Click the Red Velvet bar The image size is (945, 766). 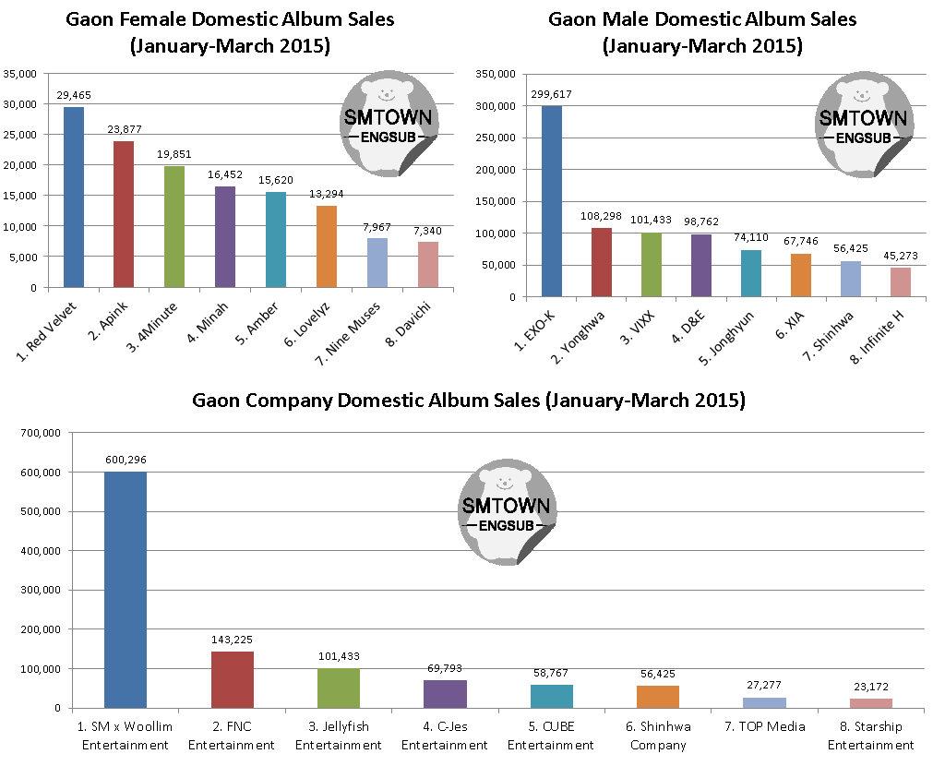click(x=74, y=197)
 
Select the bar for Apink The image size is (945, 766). click(x=124, y=214)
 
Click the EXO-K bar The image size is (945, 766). click(x=551, y=201)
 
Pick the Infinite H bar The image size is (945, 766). click(x=900, y=281)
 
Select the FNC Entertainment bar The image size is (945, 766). click(x=232, y=679)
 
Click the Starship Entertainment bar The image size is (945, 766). click(x=870, y=703)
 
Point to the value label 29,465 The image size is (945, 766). click(x=74, y=95)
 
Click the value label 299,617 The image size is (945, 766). click(x=551, y=94)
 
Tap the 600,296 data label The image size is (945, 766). click(x=126, y=460)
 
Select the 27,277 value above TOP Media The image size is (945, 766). click(x=764, y=686)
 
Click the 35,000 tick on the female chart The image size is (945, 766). click(x=20, y=74)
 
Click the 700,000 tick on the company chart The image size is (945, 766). click(x=41, y=433)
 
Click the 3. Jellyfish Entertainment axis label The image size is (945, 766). click(x=339, y=736)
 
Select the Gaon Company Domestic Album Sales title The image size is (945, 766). click(x=468, y=401)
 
